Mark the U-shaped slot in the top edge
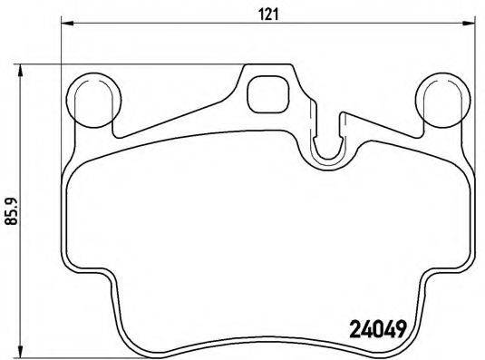coord(328,135)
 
